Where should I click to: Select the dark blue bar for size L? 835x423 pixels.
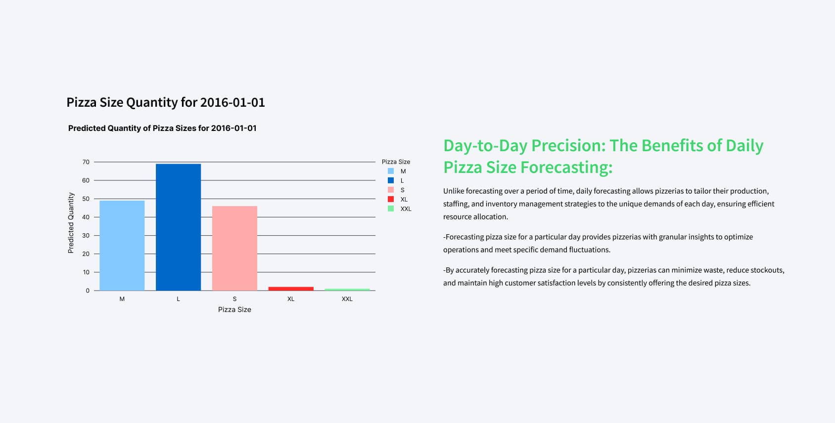[178, 227]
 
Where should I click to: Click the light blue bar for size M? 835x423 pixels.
[122, 246]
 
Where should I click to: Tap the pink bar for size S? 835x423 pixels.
[234, 248]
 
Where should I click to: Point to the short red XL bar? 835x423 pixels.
[291, 289]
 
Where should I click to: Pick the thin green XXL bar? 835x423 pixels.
[347, 289]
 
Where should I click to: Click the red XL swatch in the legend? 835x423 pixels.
[391, 199]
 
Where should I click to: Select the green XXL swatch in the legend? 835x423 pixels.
[391, 209]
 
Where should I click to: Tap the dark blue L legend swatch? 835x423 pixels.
[391, 180]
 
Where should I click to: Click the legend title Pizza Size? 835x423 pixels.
[396, 162]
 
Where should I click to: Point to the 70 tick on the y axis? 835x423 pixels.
[86, 162]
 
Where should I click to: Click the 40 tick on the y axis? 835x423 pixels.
[86, 217]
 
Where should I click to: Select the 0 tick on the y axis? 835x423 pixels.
[88, 291]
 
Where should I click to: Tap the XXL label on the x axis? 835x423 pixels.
[347, 299]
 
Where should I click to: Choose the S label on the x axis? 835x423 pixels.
[234, 299]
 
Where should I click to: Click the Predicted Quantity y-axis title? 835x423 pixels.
[71, 223]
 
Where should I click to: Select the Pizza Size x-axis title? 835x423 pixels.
[234, 309]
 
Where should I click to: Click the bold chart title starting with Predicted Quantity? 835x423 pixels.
[162, 128]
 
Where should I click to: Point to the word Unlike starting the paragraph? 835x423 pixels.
[453, 191]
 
